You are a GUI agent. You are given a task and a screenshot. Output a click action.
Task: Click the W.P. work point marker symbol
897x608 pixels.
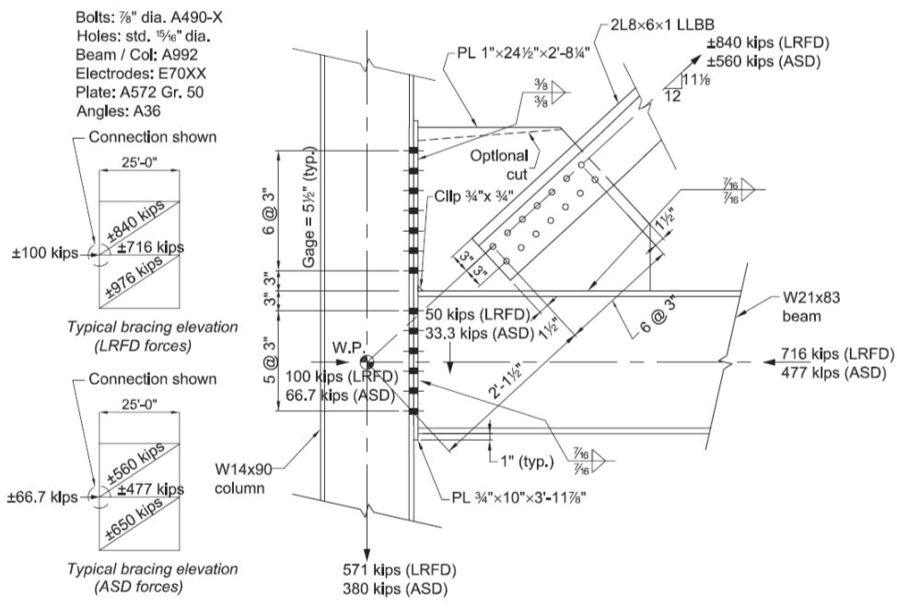point(366,361)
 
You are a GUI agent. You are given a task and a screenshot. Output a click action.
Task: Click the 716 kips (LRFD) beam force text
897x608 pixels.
point(836,353)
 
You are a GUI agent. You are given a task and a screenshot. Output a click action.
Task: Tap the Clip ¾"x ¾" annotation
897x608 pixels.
point(472,195)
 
